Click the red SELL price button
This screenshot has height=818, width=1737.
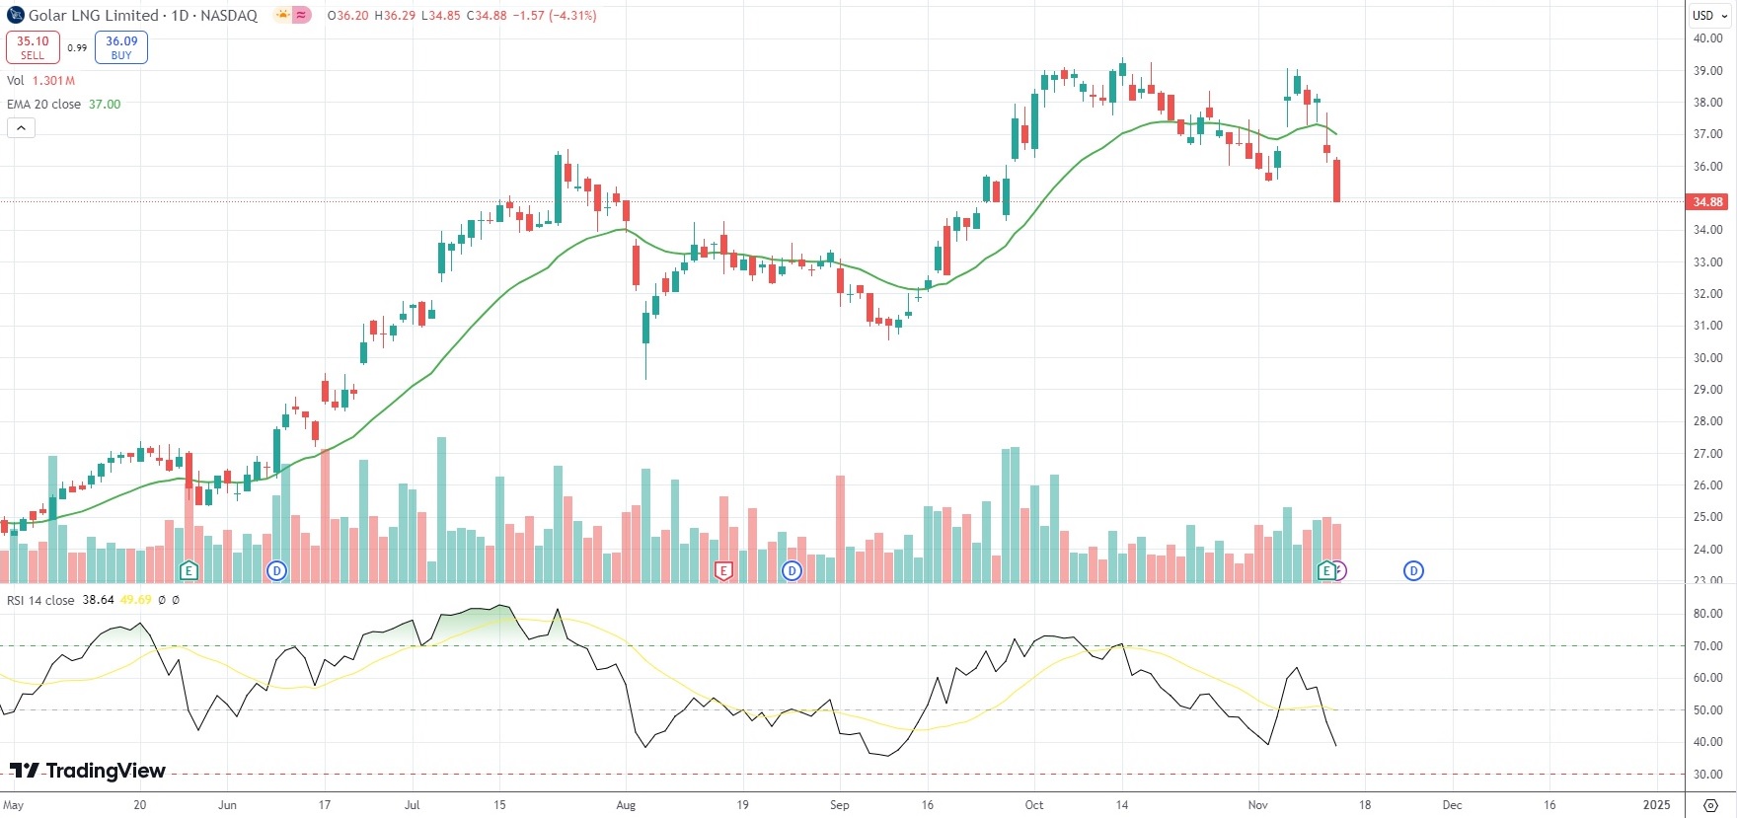pos(33,47)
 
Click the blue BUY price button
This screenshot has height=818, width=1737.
pos(121,47)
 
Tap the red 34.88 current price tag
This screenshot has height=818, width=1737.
pos(1707,202)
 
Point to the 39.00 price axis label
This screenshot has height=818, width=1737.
pos(1707,71)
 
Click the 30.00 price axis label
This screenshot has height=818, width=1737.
pos(1707,358)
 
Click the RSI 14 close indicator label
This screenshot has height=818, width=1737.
pos(40,600)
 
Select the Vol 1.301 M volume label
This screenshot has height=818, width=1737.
pos(40,81)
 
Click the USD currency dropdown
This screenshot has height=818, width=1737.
pos(1708,16)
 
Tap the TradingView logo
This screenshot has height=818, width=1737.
pos(88,771)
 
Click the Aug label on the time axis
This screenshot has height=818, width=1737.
pos(626,805)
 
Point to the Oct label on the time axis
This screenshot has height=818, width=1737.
pos(1033,805)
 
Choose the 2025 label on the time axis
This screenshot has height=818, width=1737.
pos(1656,805)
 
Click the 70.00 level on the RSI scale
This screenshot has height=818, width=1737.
pos(1707,646)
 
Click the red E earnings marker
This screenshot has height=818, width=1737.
pos(723,571)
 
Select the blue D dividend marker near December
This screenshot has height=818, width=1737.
pos(1413,570)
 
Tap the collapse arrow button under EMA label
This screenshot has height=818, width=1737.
pos(21,128)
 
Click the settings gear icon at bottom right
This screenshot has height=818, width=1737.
pos(1711,805)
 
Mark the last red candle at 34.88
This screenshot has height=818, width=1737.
pos(1337,181)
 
